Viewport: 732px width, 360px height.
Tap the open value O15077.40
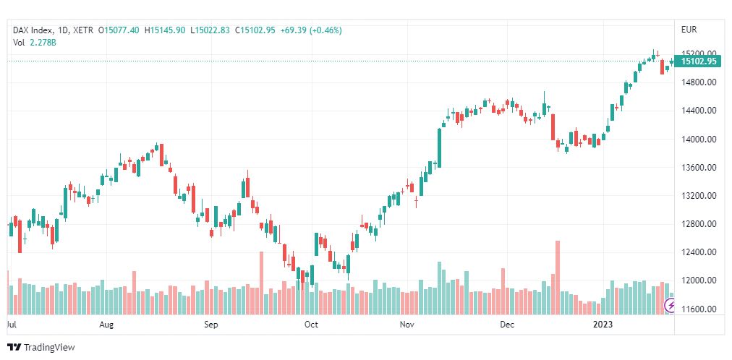point(122,30)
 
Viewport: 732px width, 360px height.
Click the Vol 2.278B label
point(35,43)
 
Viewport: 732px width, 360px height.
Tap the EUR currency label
point(689,30)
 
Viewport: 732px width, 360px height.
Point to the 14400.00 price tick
point(699,111)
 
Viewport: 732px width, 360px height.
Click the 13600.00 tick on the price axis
point(699,168)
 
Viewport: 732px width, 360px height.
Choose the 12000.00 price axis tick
point(699,280)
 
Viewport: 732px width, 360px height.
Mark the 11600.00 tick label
point(699,309)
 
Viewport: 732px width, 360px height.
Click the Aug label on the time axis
point(107,325)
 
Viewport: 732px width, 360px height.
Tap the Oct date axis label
point(311,325)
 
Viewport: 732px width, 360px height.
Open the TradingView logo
point(41,348)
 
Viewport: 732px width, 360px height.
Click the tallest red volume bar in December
point(558,267)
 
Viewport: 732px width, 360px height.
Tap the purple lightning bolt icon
point(670,306)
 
